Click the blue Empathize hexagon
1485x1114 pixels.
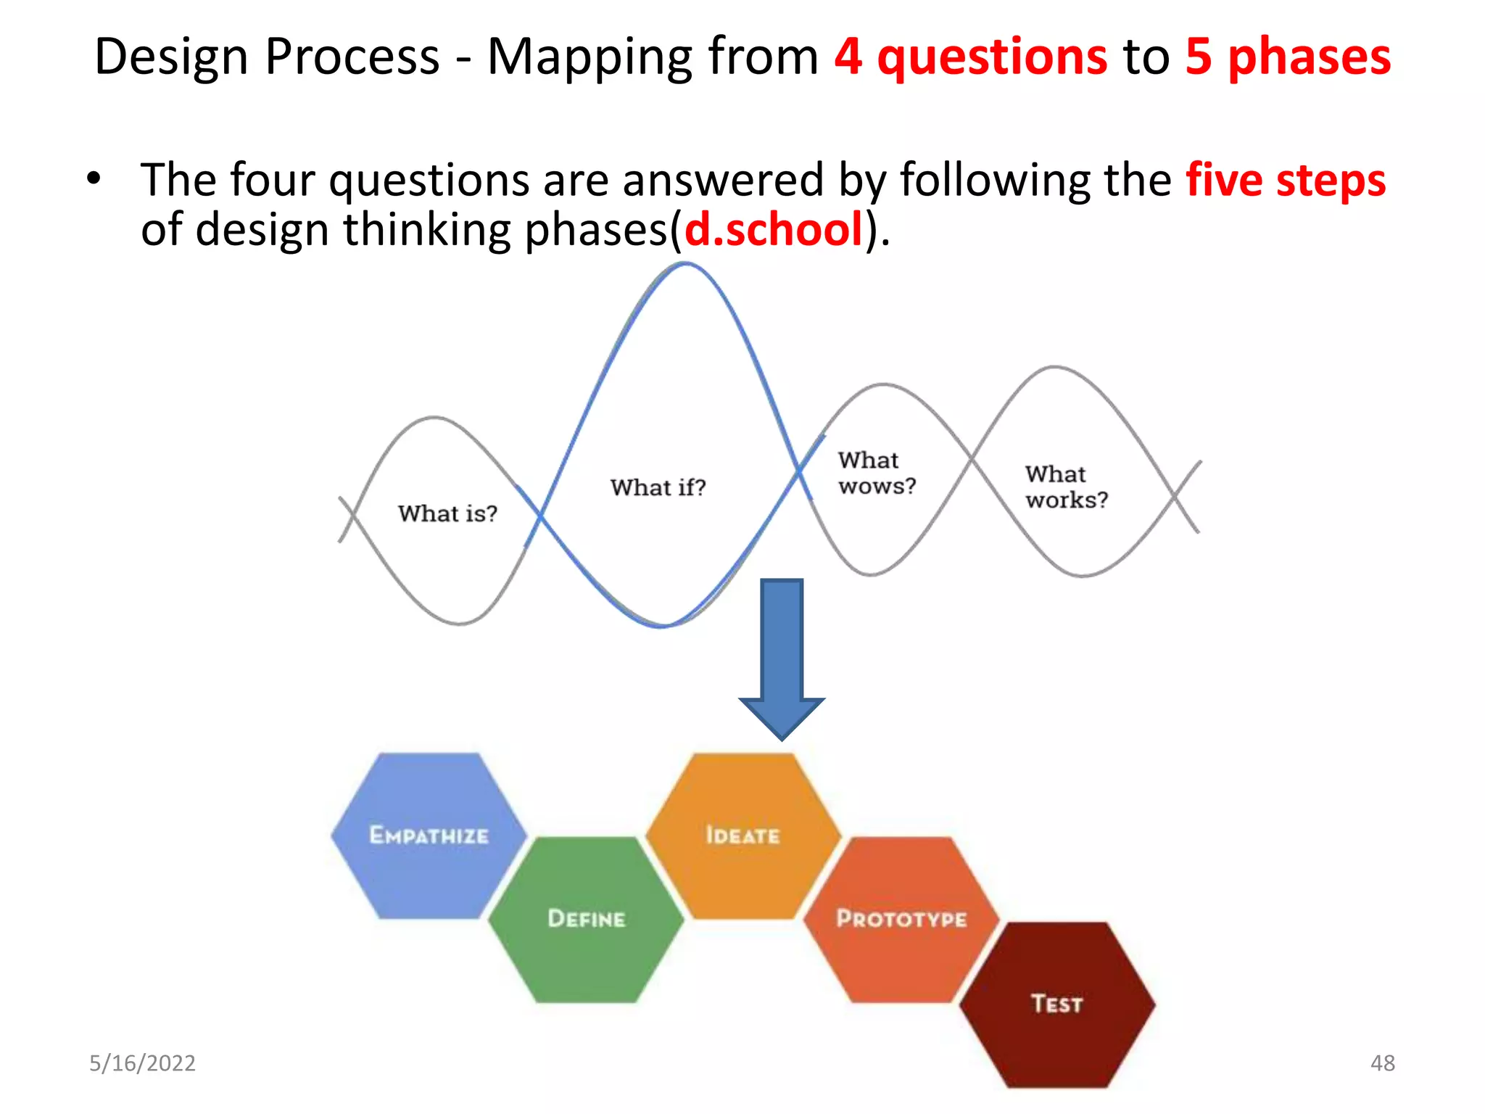coord(429,835)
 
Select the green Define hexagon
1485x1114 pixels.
coord(586,919)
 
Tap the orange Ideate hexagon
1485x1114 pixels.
coord(742,835)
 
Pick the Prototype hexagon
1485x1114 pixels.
coord(901,919)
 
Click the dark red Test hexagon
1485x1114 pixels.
coord(1057,1004)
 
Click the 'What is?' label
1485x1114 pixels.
coord(447,513)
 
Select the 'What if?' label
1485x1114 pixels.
coord(658,487)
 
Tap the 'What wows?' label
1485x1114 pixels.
coord(876,473)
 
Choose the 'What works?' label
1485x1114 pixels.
coord(1066,487)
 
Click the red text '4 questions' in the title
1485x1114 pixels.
coord(970,57)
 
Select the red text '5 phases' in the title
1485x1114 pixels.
coord(1288,57)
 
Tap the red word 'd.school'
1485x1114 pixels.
coord(774,230)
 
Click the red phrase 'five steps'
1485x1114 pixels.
coord(1286,180)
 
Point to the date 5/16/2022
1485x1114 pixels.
coord(142,1063)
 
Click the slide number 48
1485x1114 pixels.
coord(1382,1063)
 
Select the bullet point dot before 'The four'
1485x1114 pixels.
coord(93,178)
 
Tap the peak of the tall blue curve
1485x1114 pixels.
coord(685,265)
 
